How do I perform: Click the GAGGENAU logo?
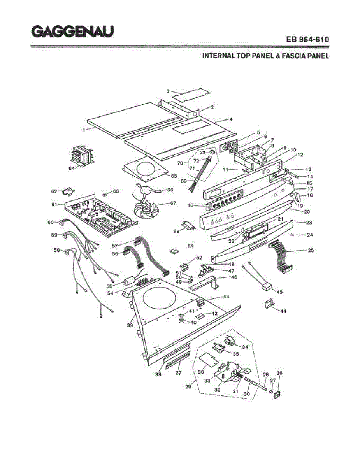[72, 32]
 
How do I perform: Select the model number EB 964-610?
[307, 40]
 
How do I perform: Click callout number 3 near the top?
[168, 91]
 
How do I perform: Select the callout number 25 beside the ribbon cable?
[311, 250]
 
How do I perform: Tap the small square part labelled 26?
[277, 394]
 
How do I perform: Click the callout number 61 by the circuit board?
[54, 204]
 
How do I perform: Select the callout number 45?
[279, 292]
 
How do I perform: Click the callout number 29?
[188, 386]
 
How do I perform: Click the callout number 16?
[191, 205]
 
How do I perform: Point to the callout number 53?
[191, 246]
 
